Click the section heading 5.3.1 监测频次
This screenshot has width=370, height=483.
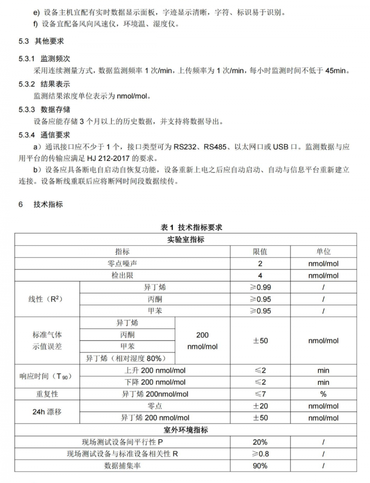coord(44,59)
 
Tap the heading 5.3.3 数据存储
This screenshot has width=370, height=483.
coord(44,110)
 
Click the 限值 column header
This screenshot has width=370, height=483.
coord(260,252)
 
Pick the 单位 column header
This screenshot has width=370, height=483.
coord(323,252)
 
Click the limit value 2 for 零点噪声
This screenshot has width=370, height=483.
coord(260,264)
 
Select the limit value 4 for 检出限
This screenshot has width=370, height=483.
coord(260,276)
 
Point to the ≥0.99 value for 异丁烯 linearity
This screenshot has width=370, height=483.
coord(260,287)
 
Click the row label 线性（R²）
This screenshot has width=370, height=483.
coord(46,299)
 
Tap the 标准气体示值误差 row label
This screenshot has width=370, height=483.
coord(47,341)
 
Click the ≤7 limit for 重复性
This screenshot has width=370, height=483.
coord(260,394)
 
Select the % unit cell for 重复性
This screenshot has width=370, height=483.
coord(323,394)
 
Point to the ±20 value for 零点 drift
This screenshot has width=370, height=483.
coord(260,406)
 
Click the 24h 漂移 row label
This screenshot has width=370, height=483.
coord(47,412)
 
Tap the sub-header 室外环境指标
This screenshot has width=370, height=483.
coord(186,430)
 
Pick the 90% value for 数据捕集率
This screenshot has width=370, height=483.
coord(260,466)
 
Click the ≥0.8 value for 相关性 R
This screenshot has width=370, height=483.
coord(260,454)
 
